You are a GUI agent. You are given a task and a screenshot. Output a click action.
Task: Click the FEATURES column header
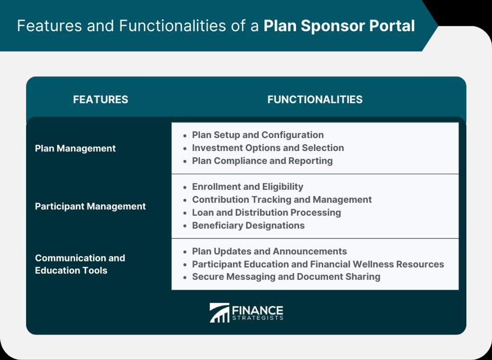[x=100, y=99]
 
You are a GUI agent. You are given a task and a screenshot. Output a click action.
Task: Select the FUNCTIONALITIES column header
[x=315, y=99]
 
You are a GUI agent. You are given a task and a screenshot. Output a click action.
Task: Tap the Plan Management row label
[x=75, y=149]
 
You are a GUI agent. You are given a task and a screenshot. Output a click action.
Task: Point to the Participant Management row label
[x=90, y=206]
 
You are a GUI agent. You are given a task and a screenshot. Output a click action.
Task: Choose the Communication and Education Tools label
[x=80, y=264]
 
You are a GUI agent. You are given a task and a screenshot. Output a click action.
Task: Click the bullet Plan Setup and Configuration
[x=258, y=135]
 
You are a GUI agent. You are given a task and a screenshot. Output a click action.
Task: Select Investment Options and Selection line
[x=268, y=148]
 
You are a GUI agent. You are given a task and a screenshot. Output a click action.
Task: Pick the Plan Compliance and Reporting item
[x=262, y=161]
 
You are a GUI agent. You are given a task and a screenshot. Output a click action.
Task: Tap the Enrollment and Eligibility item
[x=247, y=186]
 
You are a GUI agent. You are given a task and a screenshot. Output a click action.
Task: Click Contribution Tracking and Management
[x=282, y=199]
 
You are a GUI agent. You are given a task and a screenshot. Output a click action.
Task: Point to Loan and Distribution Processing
[x=266, y=212]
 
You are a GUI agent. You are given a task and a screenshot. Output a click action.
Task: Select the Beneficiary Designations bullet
[x=248, y=225]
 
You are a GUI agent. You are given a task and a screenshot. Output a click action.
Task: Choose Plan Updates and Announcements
[x=269, y=251]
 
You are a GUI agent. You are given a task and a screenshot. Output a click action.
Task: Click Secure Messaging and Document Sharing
[x=286, y=277]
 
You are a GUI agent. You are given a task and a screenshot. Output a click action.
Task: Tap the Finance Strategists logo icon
[x=219, y=312]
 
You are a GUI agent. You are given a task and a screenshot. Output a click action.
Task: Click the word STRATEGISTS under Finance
[x=258, y=318]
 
